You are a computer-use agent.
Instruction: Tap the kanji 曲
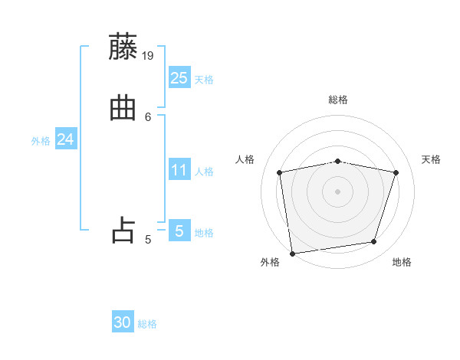point(124,107)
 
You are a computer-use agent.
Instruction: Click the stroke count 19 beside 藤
point(149,55)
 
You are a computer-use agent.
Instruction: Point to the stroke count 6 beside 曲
point(148,116)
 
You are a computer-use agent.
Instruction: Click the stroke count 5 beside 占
point(148,240)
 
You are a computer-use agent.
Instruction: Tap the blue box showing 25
point(179,77)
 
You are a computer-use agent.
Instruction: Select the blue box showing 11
point(179,170)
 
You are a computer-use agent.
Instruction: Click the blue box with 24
point(65,139)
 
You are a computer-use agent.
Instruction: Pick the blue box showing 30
point(123,322)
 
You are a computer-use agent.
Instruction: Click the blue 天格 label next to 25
point(204,80)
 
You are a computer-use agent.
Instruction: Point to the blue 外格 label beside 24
point(41,142)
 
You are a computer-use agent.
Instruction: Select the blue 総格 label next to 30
point(147,325)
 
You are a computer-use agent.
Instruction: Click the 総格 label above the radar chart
point(338,100)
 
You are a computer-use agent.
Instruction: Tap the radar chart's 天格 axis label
point(431,159)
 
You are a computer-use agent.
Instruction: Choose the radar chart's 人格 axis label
point(245,159)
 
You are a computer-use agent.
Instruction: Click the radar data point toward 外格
point(292,253)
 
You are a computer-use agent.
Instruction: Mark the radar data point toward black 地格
point(374,242)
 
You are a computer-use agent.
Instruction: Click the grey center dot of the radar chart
point(338,191)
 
